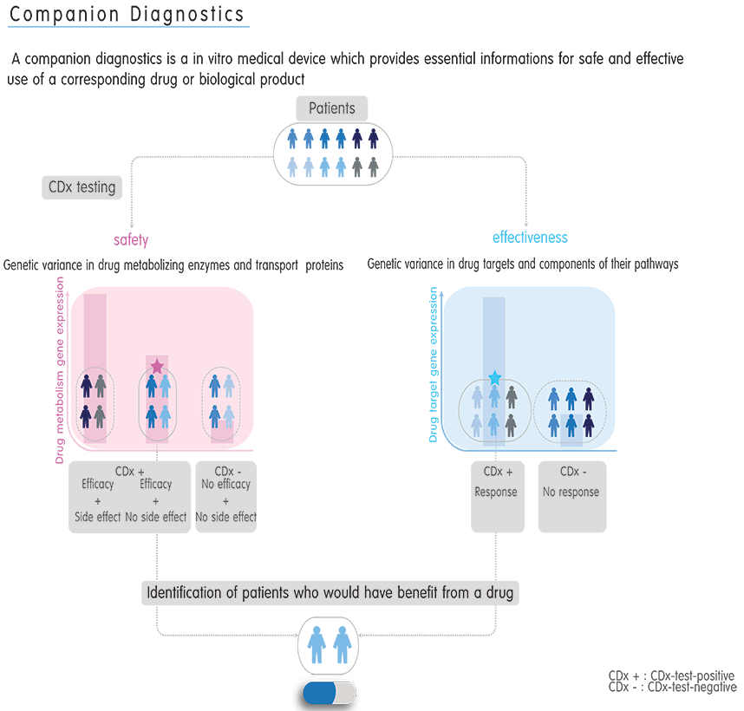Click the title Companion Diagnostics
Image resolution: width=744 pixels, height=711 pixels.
tap(127, 16)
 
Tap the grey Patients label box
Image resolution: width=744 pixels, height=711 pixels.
tap(332, 108)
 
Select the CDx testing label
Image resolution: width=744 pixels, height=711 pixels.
tap(82, 187)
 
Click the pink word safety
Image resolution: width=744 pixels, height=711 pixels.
tap(131, 240)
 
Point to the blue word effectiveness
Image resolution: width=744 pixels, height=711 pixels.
tap(530, 238)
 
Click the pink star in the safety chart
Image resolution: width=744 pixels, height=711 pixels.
tap(157, 367)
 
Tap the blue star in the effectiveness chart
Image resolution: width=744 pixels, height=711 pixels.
tap(494, 378)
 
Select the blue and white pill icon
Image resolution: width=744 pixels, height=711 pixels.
tap(330, 693)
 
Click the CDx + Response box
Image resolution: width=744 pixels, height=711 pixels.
tap(498, 496)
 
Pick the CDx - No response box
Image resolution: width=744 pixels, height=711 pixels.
tap(571, 496)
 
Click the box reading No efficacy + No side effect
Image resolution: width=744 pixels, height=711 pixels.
tap(226, 496)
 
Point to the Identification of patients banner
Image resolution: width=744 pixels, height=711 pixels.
tap(329, 594)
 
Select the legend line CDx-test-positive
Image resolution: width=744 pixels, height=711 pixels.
tap(672, 675)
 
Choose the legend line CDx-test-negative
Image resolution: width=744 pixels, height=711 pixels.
tap(672, 688)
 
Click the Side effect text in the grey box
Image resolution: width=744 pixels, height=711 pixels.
tap(97, 517)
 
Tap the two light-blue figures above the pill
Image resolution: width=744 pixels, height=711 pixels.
tap(330, 646)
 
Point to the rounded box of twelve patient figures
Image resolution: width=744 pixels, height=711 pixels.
tap(333, 153)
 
